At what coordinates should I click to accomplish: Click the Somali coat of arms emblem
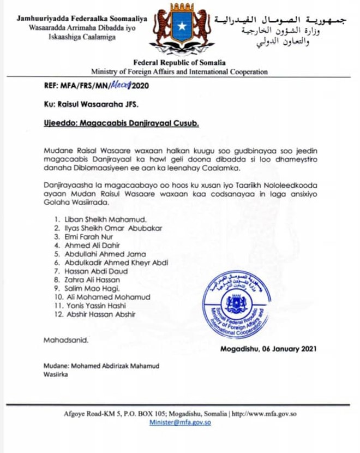[x=179, y=31]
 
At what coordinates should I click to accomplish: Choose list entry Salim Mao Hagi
[x=88, y=288]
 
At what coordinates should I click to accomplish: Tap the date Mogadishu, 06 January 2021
[x=268, y=349]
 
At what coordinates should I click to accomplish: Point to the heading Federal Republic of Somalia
[x=179, y=63]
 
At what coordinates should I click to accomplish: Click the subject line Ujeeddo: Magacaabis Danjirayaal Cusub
[x=121, y=123]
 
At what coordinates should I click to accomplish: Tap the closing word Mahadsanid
[x=65, y=340]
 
